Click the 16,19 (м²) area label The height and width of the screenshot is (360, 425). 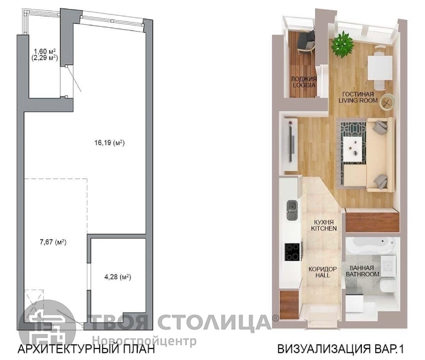coord(109,143)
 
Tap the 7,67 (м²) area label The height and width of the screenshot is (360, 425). coord(53,242)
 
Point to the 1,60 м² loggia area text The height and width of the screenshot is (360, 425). coord(45,51)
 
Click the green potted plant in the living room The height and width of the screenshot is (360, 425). coord(343,44)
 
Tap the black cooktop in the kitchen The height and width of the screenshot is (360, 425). coord(292,252)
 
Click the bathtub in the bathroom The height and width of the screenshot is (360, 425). coord(370,245)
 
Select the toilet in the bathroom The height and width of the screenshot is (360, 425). coord(387,286)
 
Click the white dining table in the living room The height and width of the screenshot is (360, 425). coord(380,68)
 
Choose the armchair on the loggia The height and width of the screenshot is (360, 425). coord(306,41)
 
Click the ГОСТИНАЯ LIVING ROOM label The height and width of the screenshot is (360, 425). coord(358,97)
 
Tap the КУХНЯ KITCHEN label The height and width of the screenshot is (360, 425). coord(324,225)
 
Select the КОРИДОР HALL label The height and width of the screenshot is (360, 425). coord(322,272)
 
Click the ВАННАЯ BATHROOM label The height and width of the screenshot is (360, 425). coord(362,271)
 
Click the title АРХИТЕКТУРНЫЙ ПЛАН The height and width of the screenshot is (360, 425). coord(86,348)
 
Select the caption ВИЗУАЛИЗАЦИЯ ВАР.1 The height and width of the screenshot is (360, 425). coord(341,348)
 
